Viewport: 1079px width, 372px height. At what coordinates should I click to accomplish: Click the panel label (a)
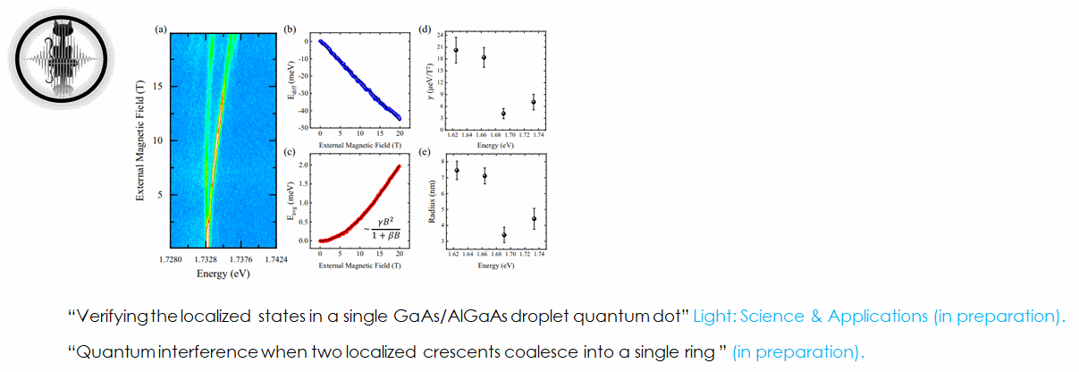161,30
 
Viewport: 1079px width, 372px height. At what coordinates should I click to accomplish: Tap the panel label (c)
290,152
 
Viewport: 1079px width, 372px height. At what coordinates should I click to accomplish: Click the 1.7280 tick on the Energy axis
172,260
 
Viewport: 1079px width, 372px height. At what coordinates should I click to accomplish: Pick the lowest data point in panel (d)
503,114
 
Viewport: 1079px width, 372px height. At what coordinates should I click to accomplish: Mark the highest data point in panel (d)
456,50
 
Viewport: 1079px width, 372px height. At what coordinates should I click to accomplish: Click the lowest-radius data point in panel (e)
504,235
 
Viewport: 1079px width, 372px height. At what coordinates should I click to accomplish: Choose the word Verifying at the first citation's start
105,317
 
